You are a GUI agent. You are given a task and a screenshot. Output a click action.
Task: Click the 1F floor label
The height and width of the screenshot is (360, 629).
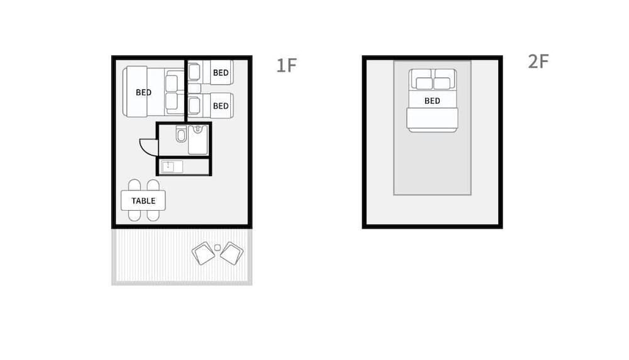click(x=286, y=65)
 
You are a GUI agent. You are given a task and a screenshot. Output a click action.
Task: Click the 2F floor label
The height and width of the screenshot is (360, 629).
click(x=538, y=62)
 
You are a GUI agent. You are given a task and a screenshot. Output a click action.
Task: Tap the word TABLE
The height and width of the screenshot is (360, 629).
click(x=143, y=201)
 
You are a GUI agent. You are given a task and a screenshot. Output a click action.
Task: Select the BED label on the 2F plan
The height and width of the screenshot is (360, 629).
click(x=432, y=101)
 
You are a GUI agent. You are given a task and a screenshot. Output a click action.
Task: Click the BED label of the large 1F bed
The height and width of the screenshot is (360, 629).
click(x=143, y=93)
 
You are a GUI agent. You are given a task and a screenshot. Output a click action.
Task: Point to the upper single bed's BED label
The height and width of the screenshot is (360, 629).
click(x=221, y=73)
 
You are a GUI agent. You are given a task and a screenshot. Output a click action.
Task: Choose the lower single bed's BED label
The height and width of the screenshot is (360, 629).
click(x=221, y=106)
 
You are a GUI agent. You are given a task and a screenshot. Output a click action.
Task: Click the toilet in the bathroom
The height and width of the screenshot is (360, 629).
click(x=181, y=135)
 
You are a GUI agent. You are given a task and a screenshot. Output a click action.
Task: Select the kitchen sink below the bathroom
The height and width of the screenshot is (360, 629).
click(x=172, y=167)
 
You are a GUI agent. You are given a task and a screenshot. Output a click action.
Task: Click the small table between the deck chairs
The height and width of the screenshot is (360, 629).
click(x=218, y=247)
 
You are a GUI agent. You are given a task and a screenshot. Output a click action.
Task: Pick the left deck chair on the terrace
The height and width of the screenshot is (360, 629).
click(x=203, y=253)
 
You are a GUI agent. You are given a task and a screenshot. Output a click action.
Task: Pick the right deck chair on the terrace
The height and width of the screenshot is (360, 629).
click(x=231, y=253)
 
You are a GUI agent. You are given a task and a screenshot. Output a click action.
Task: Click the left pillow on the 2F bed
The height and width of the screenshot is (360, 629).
click(x=424, y=83)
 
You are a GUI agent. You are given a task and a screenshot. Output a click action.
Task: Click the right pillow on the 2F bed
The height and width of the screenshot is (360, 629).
click(x=442, y=83)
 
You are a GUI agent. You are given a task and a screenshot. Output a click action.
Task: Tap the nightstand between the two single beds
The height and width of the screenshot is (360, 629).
click(x=194, y=88)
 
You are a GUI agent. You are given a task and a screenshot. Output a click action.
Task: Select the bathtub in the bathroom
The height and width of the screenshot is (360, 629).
click(x=198, y=138)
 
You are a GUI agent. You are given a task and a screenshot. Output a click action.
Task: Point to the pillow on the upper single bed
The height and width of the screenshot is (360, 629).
click(x=194, y=72)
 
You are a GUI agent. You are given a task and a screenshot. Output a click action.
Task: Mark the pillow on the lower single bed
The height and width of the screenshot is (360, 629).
click(x=194, y=104)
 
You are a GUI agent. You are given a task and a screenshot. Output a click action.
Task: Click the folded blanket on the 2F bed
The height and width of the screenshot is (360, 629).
click(x=432, y=119)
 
